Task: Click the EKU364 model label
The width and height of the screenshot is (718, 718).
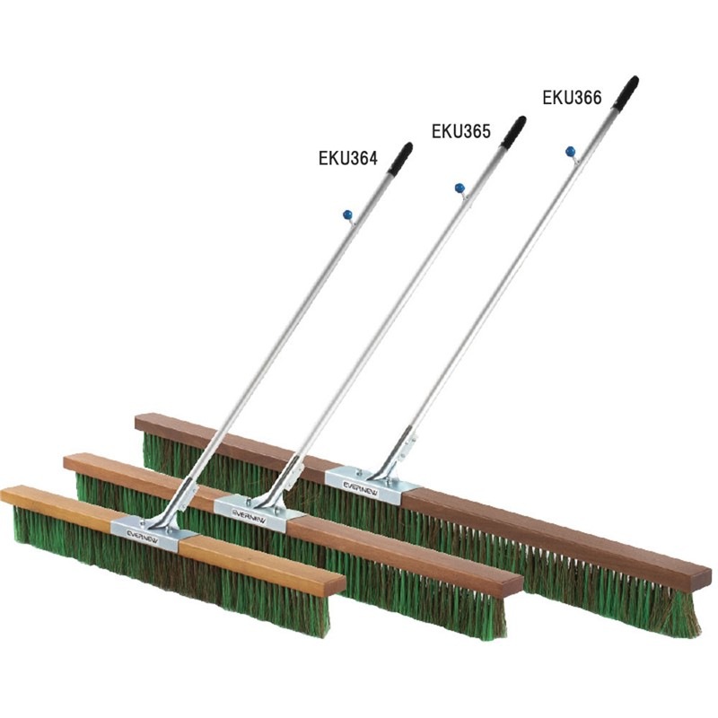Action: (x=348, y=159)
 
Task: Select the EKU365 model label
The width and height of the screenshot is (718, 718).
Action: (x=461, y=131)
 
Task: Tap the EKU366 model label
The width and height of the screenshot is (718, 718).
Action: (x=572, y=98)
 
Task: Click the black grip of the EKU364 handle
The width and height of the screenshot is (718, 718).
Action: (x=400, y=158)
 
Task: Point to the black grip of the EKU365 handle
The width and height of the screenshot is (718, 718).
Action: (x=513, y=132)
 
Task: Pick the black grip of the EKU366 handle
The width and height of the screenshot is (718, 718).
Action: (x=626, y=93)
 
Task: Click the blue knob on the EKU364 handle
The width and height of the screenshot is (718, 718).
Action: (x=347, y=214)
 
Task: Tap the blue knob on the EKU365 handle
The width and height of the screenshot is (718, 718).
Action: (x=460, y=188)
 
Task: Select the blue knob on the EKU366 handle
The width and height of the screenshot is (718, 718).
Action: (x=571, y=151)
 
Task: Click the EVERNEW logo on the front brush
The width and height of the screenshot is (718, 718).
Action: (x=143, y=536)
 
